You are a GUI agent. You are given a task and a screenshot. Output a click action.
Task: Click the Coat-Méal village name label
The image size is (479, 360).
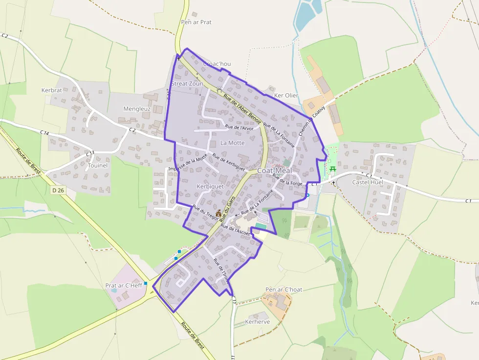pos(274,170)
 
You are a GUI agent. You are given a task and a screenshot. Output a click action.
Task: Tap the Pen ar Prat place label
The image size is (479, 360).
pos(196,22)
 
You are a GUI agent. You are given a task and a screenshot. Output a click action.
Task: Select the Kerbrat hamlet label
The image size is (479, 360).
pos(52,90)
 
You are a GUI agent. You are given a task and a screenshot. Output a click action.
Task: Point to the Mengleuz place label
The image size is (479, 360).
pos(137,109)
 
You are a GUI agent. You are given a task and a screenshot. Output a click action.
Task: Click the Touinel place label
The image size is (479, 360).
pos(98,166)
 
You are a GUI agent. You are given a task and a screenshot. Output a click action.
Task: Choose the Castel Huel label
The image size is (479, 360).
pos(368,182)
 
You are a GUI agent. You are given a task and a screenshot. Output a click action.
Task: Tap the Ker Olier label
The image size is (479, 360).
pos(286,95)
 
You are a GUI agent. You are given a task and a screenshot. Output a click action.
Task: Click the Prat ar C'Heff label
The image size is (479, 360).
pos(124,285)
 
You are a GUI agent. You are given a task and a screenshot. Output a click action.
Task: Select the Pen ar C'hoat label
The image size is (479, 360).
pos(283,289)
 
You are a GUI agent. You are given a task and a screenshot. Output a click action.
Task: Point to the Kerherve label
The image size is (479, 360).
pos(257,322)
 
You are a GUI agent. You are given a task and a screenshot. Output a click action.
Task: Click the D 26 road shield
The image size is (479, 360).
pos(58,190)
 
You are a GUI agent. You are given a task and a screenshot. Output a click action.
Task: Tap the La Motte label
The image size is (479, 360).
pos(232,143)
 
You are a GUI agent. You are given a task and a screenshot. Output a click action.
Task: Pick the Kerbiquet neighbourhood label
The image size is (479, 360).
pos(210,187)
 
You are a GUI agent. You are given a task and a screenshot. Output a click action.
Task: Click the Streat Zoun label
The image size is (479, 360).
pos(187,84)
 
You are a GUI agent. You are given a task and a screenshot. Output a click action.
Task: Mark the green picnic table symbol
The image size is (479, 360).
pos(333,169)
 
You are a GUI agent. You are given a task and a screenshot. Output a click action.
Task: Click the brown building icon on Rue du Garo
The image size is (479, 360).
pos(218,212)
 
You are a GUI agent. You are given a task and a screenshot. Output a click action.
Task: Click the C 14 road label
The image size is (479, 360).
pos(45,132)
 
